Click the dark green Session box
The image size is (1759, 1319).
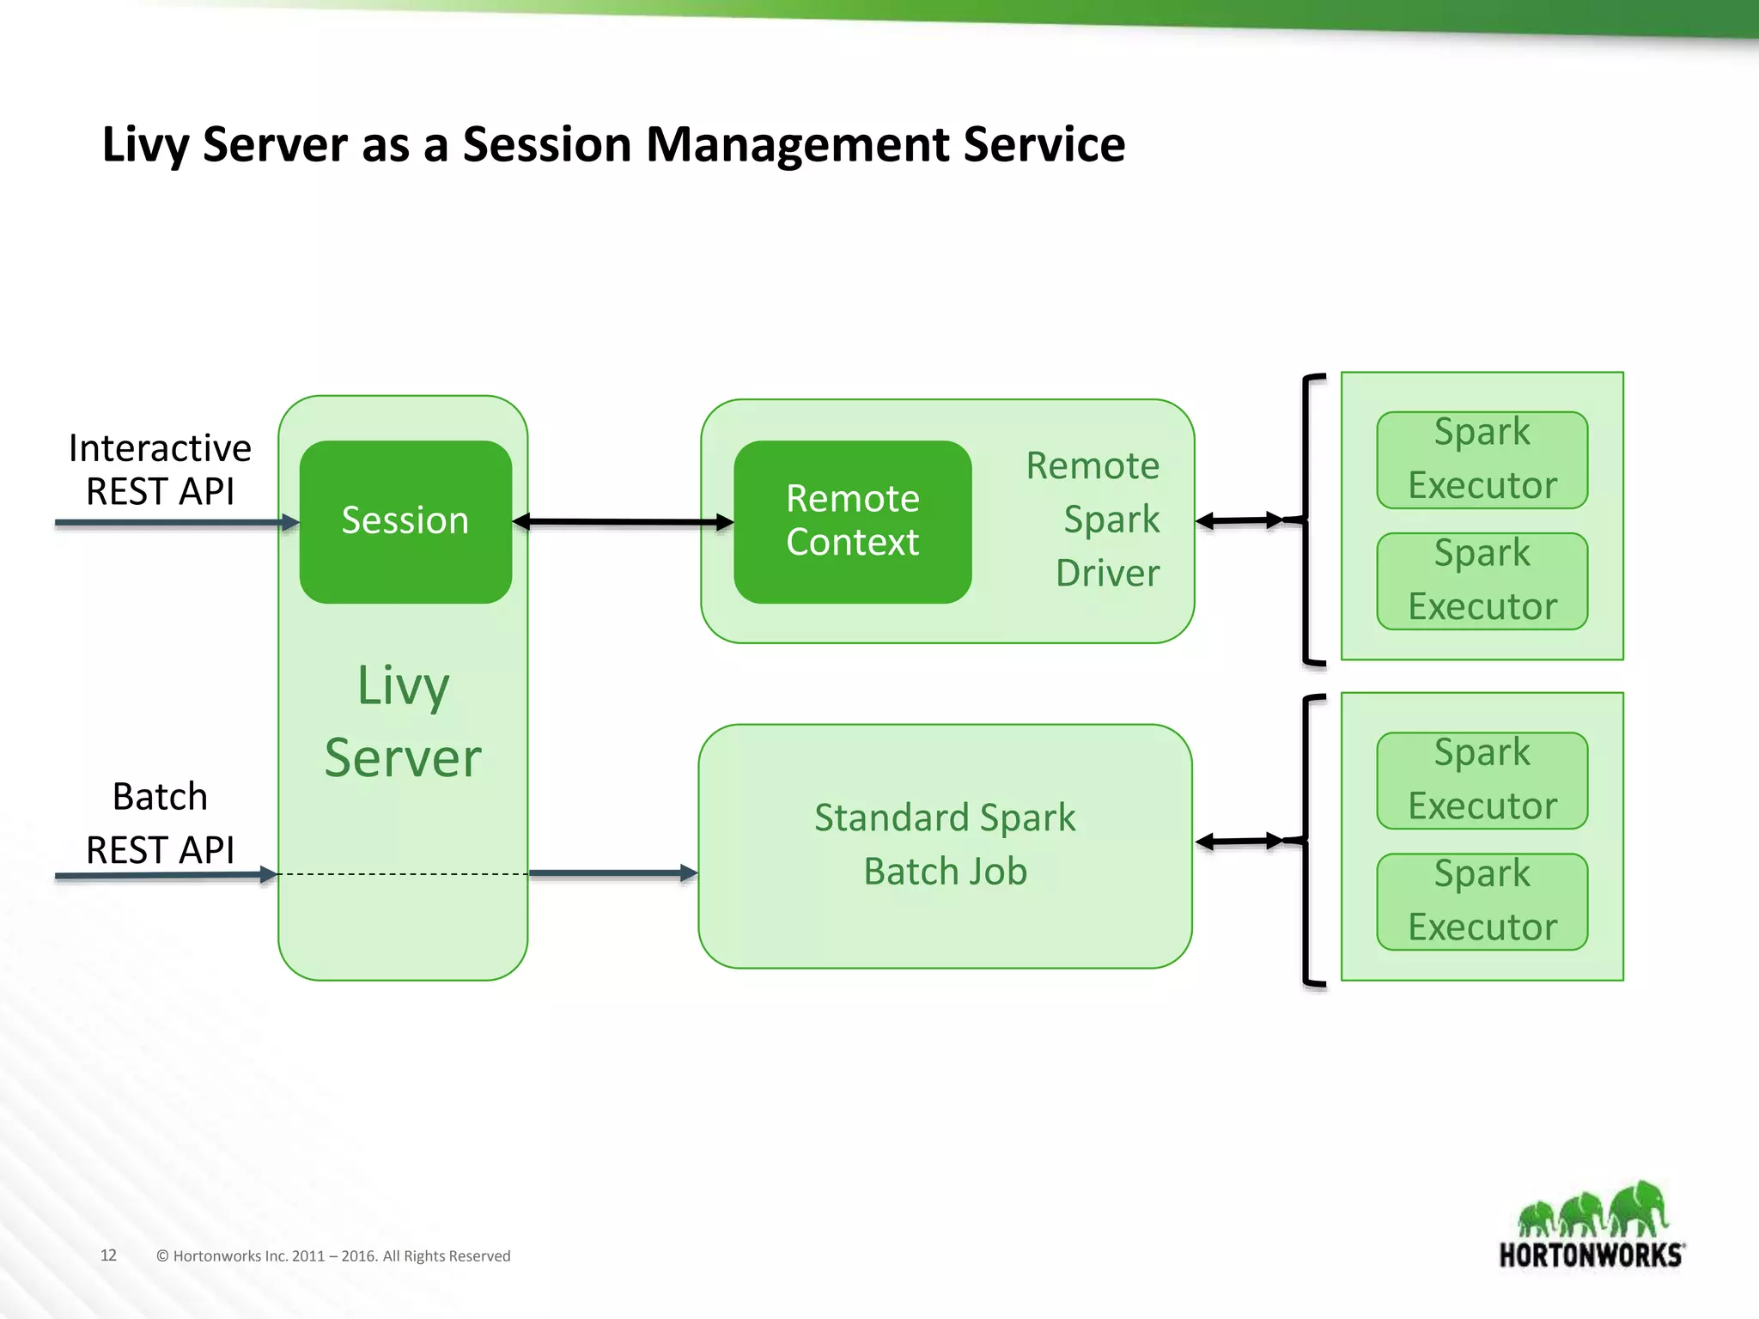pyautogui.click(x=405, y=521)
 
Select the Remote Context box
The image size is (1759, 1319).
pyautogui.click(x=852, y=521)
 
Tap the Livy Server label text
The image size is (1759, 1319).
pyautogui.click(x=403, y=722)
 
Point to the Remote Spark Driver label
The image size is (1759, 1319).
pyautogui.click(x=1099, y=520)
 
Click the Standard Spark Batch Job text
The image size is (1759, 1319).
pyautogui.click(x=945, y=844)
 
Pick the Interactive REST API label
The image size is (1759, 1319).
pyautogui.click(x=160, y=470)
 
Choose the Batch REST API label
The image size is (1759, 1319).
pyautogui.click(x=160, y=823)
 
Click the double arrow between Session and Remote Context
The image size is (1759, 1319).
pyautogui.click(x=623, y=521)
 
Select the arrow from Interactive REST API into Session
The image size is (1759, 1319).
pyautogui.click(x=172, y=522)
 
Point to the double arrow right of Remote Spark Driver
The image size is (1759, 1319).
pyautogui.click(x=1239, y=520)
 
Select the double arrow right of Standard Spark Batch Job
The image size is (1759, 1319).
pyautogui.click(x=1239, y=842)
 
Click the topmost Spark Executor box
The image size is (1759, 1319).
pyautogui.click(x=1482, y=459)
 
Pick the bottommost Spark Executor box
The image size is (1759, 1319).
pyautogui.click(x=1482, y=901)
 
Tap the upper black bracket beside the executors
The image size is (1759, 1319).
pyautogui.click(x=1306, y=519)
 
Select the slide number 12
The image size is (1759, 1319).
pyautogui.click(x=108, y=1255)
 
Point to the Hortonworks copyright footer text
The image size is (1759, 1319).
pyautogui.click(x=333, y=1255)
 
